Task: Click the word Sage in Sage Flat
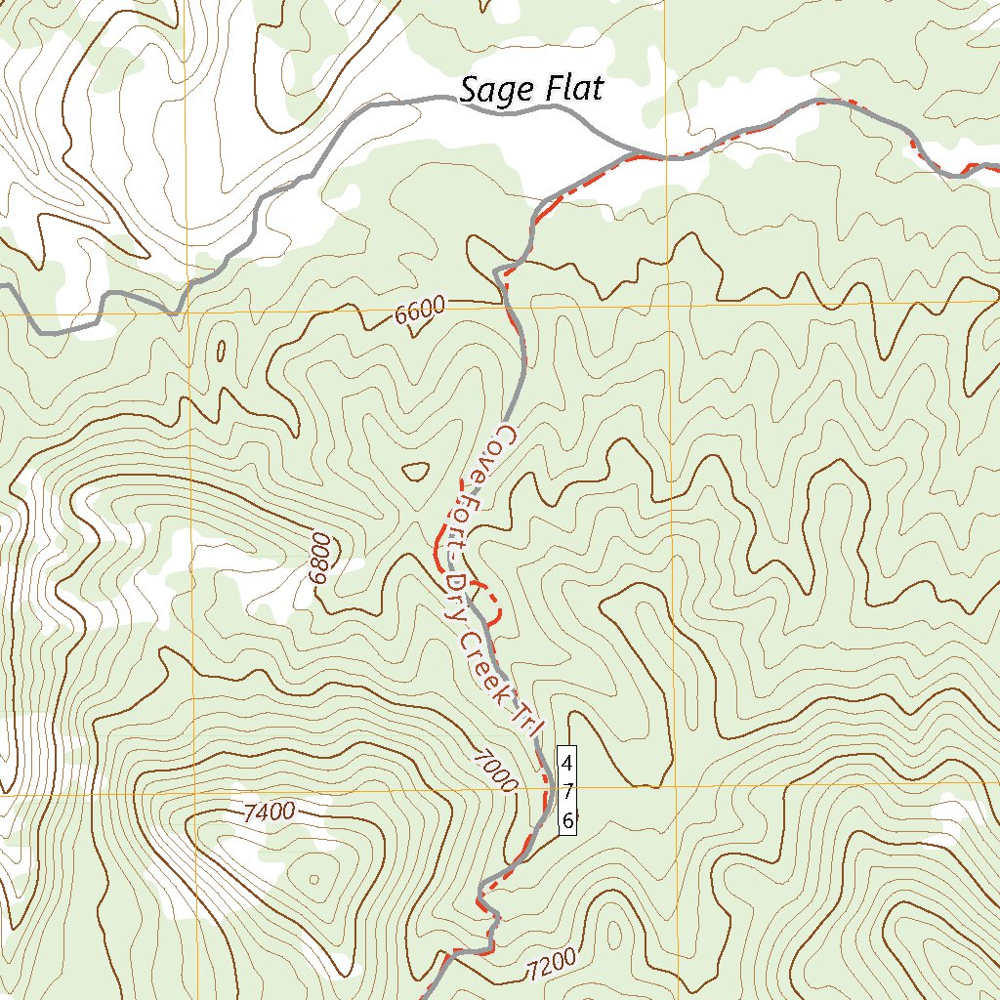click(x=496, y=91)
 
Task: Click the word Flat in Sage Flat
click(x=571, y=89)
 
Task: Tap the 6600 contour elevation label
click(x=421, y=312)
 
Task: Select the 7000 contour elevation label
click(x=493, y=770)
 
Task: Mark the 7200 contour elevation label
click(x=551, y=967)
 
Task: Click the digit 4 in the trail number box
click(x=567, y=759)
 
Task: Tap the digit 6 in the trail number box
click(x=567, y=820)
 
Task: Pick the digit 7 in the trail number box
click(x=567, y=789)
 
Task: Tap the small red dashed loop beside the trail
click(x=489, y=602)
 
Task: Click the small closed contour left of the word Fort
click(x=416, y=471)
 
